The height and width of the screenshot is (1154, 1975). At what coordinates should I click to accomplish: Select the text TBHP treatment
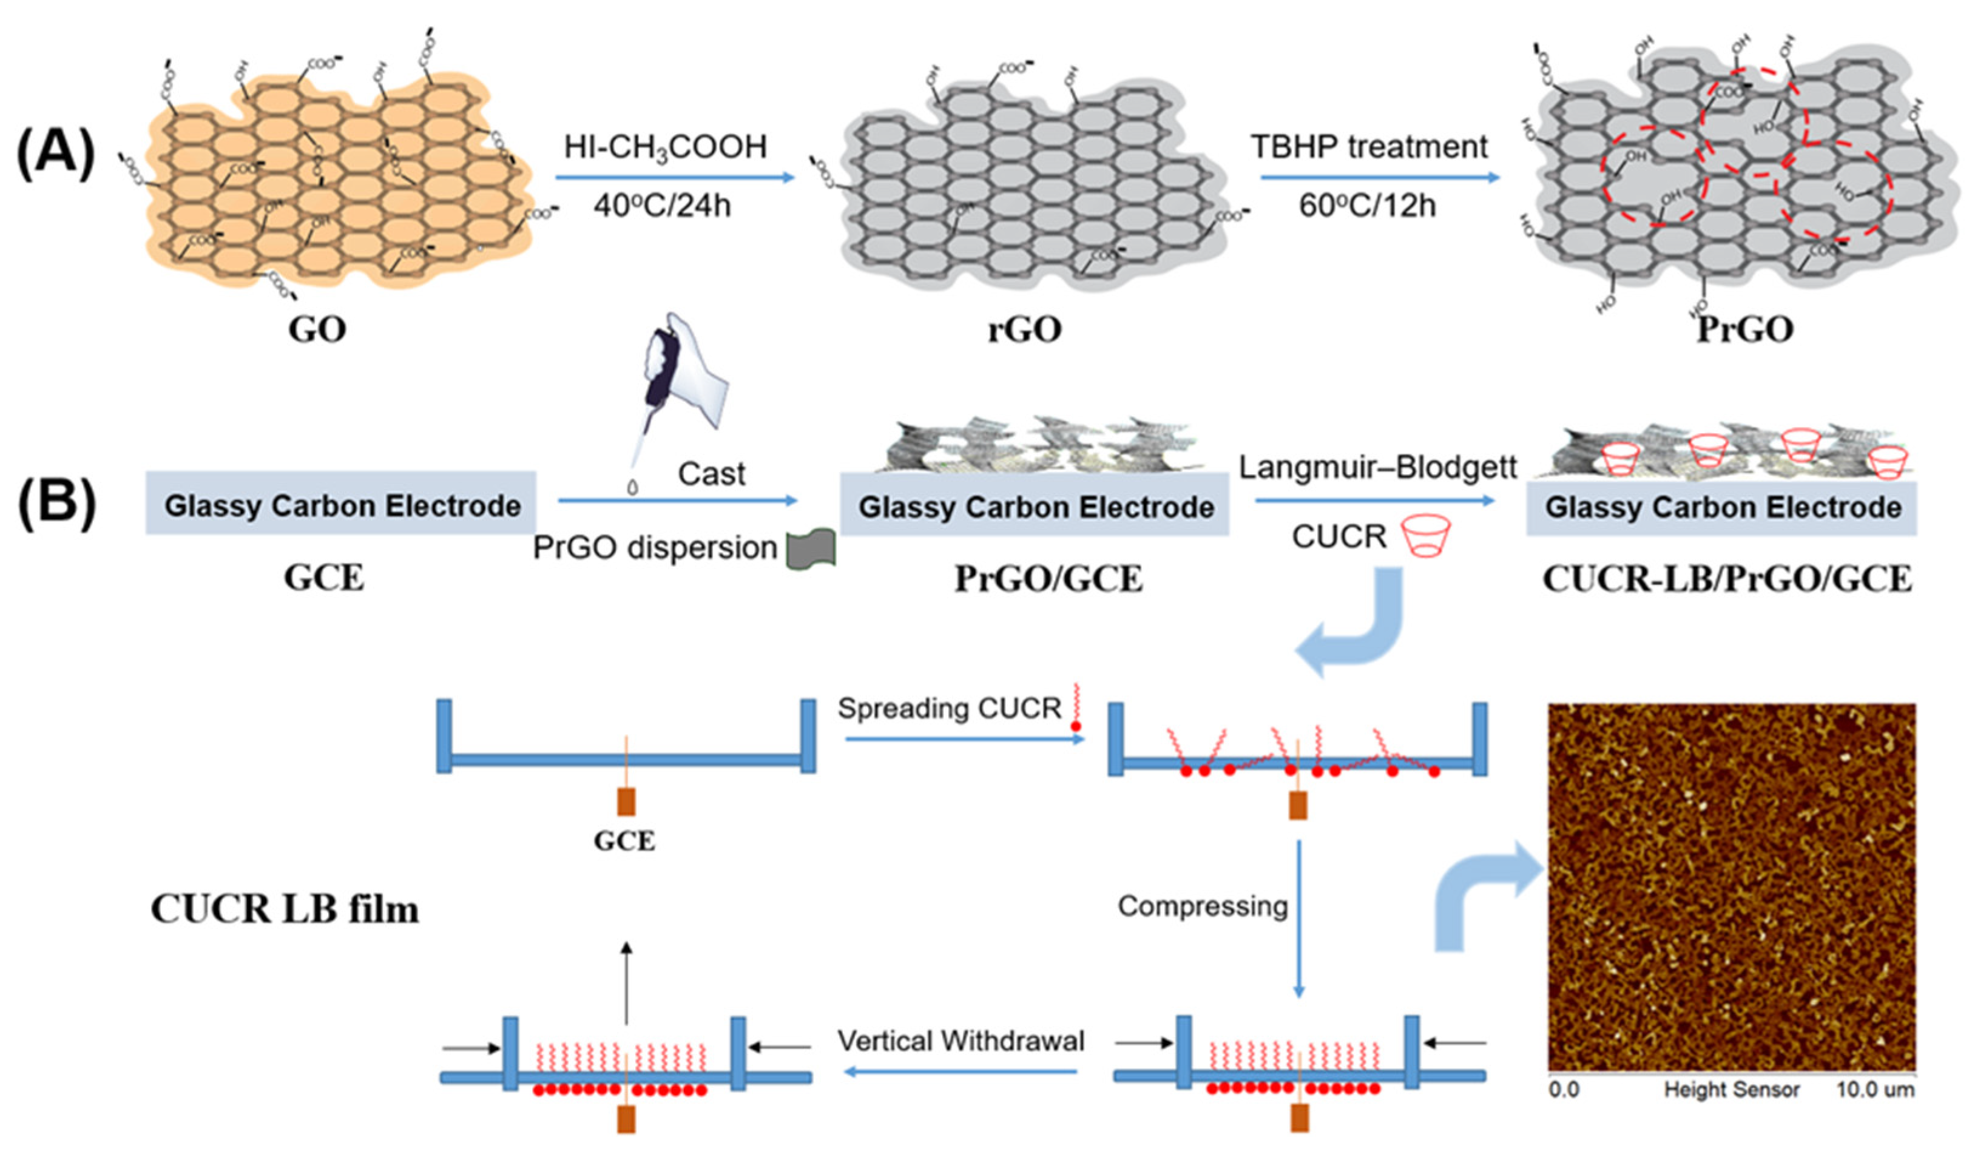coord(1368,147)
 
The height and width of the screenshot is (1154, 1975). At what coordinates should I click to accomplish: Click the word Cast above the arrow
coord(711,474)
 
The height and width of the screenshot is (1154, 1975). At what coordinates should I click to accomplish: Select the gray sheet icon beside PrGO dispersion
coord(811,548)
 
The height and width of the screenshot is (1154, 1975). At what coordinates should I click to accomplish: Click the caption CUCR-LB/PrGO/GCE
coord(1727,581)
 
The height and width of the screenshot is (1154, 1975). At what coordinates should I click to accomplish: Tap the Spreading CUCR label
coord(949,708)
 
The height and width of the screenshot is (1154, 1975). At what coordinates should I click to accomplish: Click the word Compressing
coord(1202,906)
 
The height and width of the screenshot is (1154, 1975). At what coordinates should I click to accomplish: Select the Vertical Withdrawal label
coord(961,1041)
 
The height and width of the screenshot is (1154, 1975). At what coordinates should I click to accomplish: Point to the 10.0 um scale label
coord(1875,1090)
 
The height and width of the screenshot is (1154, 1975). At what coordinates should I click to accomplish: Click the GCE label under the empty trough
coord(624,842)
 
